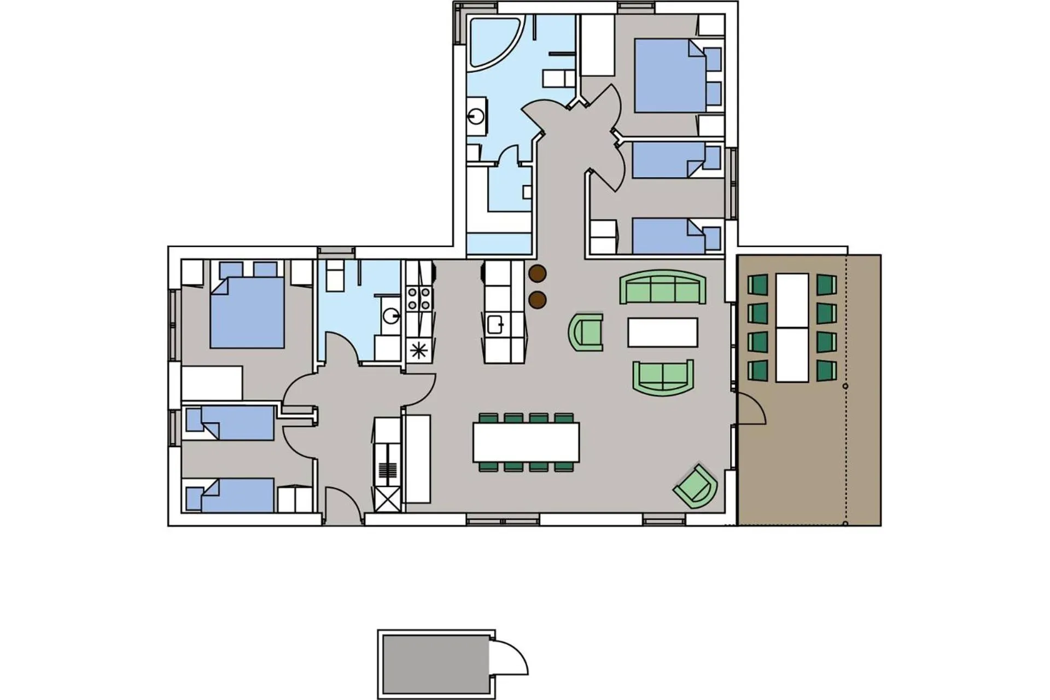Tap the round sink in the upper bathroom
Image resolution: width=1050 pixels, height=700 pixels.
pos(476,116)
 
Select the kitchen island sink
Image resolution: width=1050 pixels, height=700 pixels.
pos(495,324)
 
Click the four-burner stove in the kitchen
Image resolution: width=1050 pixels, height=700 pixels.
pos(418,299)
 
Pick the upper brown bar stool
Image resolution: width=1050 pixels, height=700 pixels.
pos(538,273)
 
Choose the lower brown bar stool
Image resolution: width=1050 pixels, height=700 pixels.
pos(538,300)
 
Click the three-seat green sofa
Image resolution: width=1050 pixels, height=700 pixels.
pos(663,287)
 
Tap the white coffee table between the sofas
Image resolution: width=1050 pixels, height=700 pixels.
pos(662,332)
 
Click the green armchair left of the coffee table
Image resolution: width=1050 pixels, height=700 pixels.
pos(586,331)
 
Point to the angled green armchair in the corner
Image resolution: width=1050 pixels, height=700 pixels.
pos(696,486)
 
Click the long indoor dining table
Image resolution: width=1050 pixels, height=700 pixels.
pos(526,442)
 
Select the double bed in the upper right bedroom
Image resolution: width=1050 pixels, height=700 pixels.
pos(670,77)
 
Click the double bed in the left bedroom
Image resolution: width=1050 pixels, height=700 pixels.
pos(247,313)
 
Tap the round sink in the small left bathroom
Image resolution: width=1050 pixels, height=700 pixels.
pos(391,315)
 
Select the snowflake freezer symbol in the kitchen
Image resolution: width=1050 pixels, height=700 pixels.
pos(418,350)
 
